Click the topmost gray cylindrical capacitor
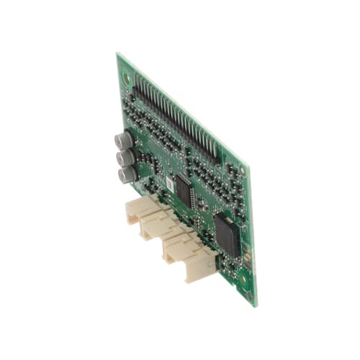tap(123, 140)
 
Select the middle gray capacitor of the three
tap(126, 157)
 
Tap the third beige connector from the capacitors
tap(180, 248)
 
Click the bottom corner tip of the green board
tap(255, 305)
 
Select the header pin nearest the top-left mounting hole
tap(137, 80)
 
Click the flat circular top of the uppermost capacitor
tap(119, 139)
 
